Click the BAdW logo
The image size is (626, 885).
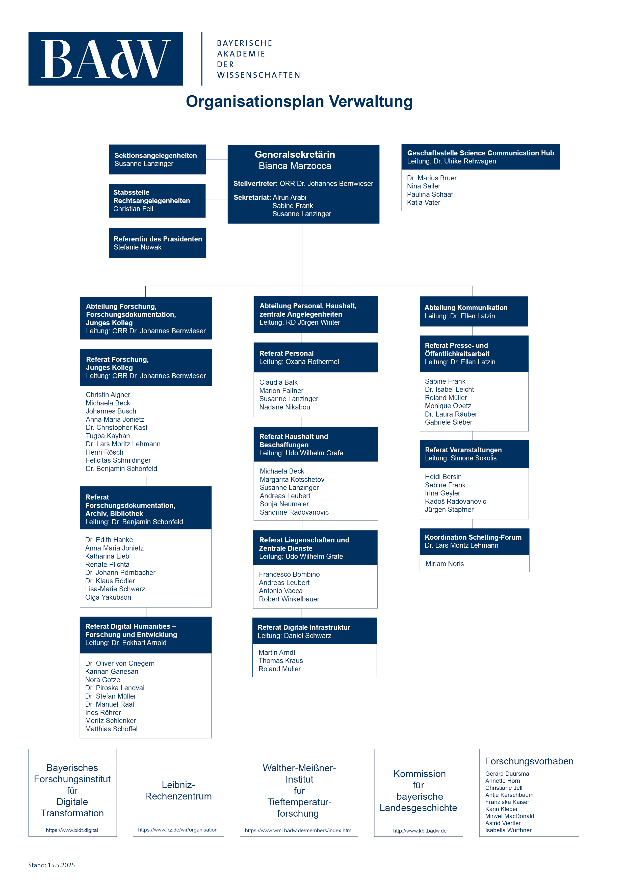pyautogui.click(x=106, y=59)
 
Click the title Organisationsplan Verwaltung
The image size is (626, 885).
pyautogui.click(x=299, y=102)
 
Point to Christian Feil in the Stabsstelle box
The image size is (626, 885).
pyautogui.click(x=133, y=209)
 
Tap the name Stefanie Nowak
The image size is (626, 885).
pyautogui.click(x=137, y=247)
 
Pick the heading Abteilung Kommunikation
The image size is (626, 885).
pyautogui.click(x=466, y=308)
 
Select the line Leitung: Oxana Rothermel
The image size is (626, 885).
pyautogui.click(x=299, y=362)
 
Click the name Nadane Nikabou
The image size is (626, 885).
pyautogui.click(x=285, y=407)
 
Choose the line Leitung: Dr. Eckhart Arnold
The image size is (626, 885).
pyautogui.click(x=126, y=643)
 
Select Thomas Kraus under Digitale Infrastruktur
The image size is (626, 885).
pyautogui.click(x=280, y=661)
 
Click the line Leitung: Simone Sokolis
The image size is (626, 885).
pyautogui.click(x=460, y=458)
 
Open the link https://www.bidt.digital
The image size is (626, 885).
pyautogui.click(x=72, y=830)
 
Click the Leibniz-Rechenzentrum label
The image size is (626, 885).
pyautogui.click(x=178, y=791)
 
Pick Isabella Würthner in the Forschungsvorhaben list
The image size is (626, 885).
pyautogui.click(x=508, y=830)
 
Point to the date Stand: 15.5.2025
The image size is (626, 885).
pyautogui.click(x=52, y=865)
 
